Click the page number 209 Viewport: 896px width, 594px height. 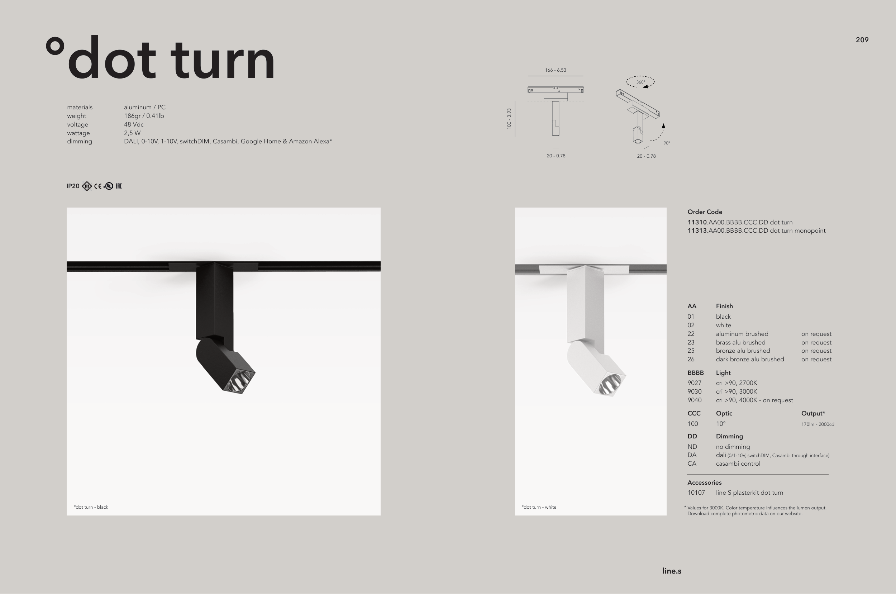(x=862, y=40)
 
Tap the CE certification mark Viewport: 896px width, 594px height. (x=98, y=186)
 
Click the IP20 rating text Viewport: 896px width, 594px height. (x=73, y=186)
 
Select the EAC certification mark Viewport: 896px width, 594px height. (x=119, y=186)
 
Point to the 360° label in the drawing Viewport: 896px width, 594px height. (x=640, y=82)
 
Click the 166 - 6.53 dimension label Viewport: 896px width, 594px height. (x=556, y=70)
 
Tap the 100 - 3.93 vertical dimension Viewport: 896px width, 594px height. (x=509, y=119)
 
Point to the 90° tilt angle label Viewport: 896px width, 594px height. (x=667, y=143)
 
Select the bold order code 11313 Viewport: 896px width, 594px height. (x=697, y=231)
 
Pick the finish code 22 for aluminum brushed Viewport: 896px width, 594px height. (x=691, y=334)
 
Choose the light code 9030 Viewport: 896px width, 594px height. (x=695, y=392)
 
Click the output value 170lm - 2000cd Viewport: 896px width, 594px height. (x=818, y=424)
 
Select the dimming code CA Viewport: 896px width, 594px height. (x=692, y=464)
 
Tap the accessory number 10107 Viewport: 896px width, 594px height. (x=696, y=493)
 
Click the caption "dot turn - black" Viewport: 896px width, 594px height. (x=91, y=507)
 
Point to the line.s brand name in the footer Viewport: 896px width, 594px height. (x=672, y=571)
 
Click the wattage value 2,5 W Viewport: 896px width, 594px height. (x=132, y=133)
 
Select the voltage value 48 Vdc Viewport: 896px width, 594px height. (x=134, y=124)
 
